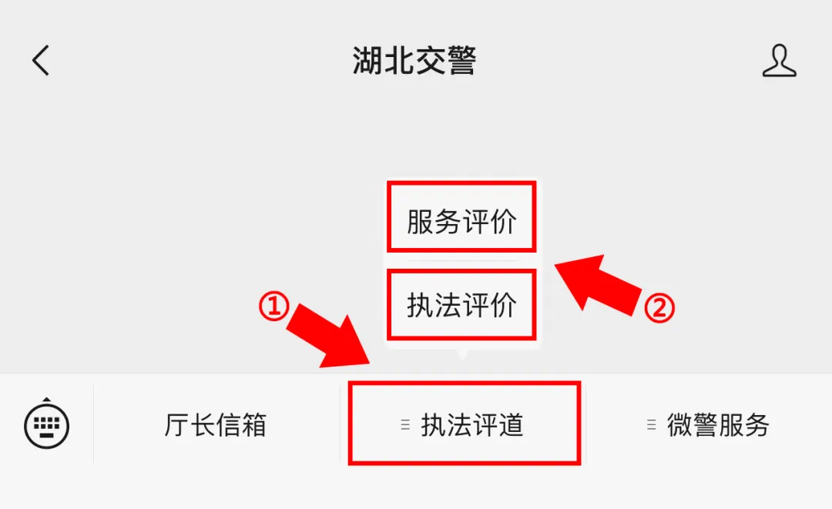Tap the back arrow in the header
(x=40, y=60)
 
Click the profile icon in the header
(x=779, y=60)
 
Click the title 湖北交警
(x=414, y=60)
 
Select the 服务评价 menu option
(x=461, y=221)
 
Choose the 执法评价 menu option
(x=461, y=305)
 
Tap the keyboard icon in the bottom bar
(x=47, y=424)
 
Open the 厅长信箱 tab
(x=216, y=425)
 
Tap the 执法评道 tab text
(x=472, y=425)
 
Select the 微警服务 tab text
(x=718, y=425)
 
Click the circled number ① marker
(x=273, y=306)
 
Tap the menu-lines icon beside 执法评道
(x=405, y=425)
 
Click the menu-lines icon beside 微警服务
(x=652, y=425)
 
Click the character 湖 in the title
(x=367, y=60)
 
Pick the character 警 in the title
(x=461, y=60)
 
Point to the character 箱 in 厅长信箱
(x=254, y=425)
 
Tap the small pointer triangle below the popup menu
(x=462, y=355)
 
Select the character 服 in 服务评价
(x=420, y=221)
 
